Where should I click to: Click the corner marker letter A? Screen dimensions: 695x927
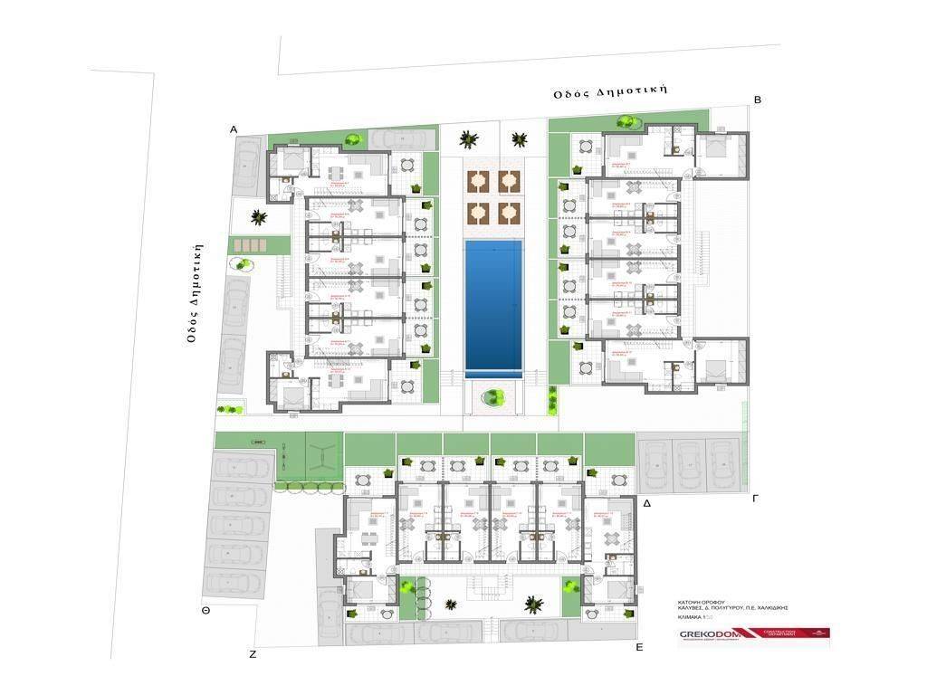[x=234, y=130]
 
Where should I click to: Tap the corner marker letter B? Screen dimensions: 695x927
[x=758, y=100]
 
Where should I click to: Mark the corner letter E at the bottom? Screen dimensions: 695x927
[x=639, y=648]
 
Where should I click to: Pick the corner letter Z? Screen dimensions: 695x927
[x=253, y=653]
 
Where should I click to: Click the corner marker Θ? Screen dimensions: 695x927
[x=206, y=611]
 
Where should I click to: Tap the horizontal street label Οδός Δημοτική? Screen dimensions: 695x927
[x=611, y=90]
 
